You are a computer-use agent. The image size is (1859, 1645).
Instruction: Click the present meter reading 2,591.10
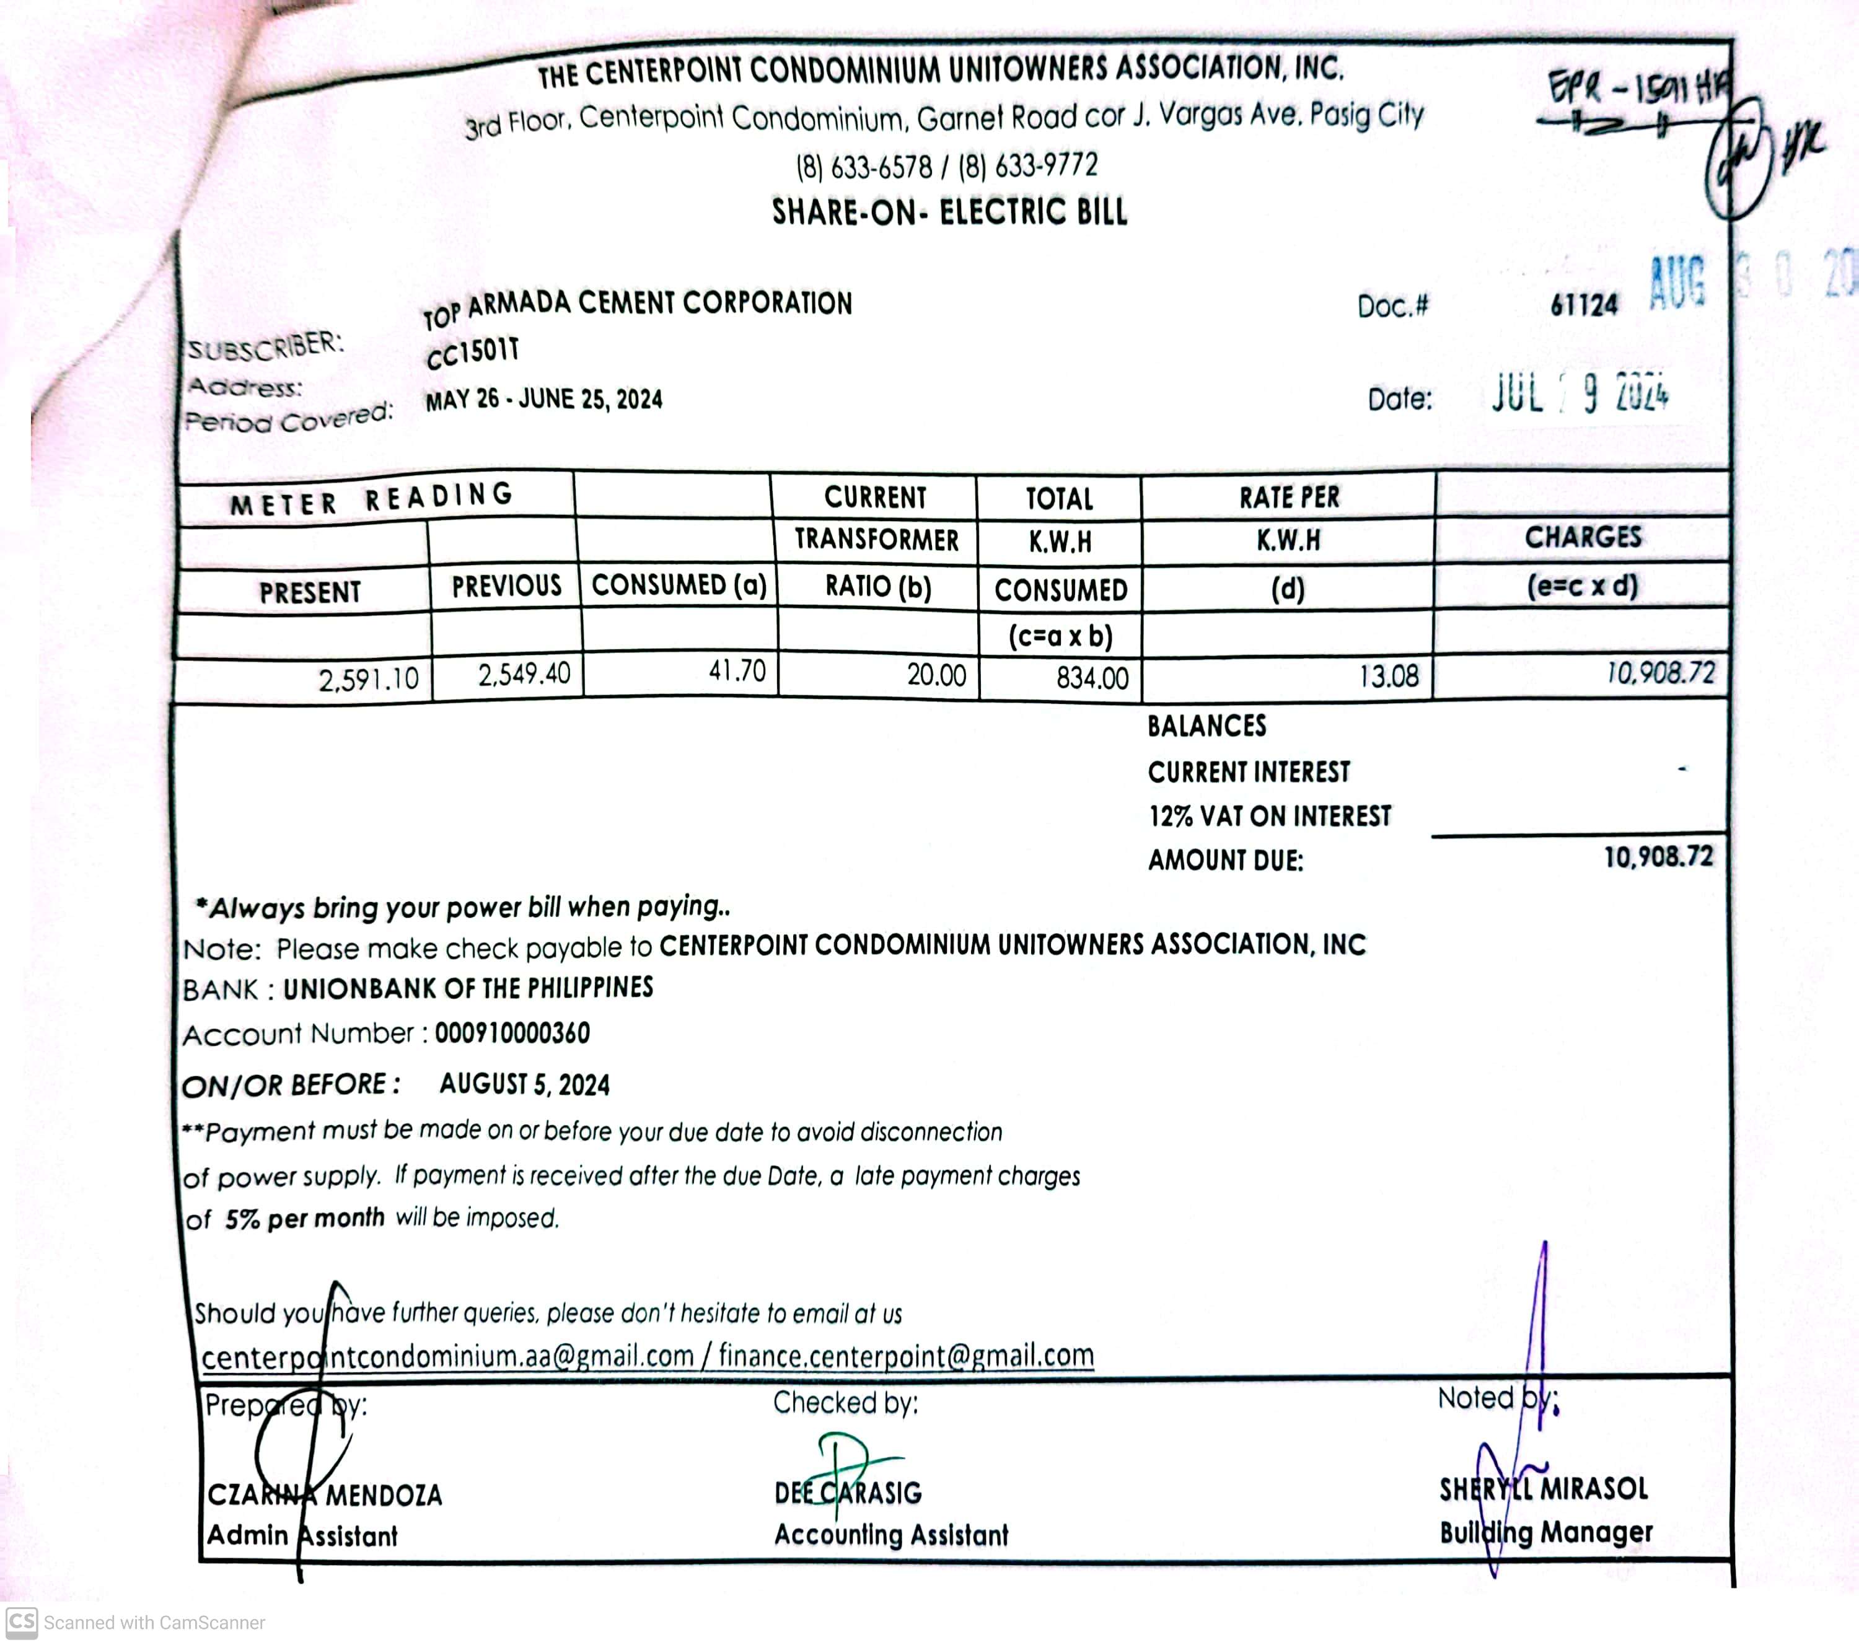368,678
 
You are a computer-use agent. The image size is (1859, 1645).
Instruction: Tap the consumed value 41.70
737,671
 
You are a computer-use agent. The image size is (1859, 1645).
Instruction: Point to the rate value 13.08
1388,675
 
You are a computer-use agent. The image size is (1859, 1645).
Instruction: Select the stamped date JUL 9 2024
1579,393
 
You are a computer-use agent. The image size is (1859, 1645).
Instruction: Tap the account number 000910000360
512,1033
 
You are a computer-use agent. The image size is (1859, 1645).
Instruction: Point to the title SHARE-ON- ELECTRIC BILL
949,212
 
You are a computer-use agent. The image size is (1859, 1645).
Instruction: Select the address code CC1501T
473,353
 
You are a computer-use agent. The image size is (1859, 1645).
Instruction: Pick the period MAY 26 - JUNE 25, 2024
544,399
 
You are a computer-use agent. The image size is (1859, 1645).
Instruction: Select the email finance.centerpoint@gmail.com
906,1356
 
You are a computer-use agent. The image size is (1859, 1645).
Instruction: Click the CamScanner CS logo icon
22,1621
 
